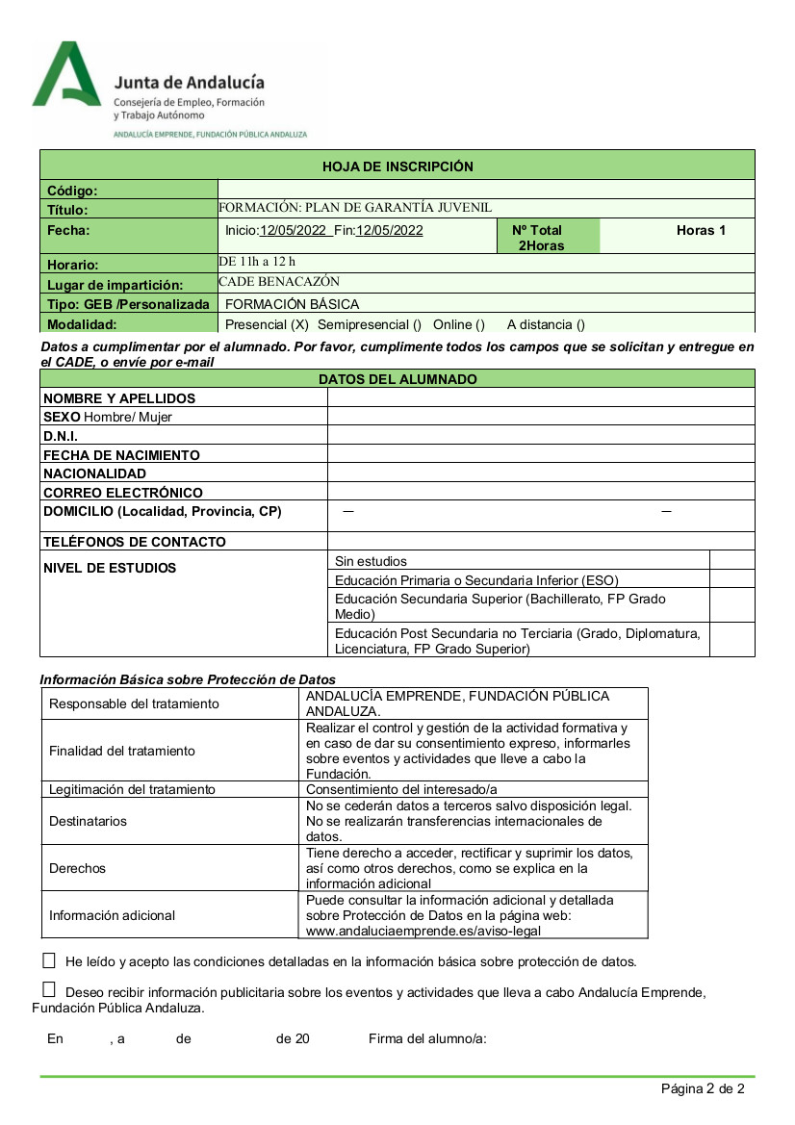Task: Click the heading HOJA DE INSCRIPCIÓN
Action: (397, 166)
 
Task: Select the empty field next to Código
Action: (486, 190)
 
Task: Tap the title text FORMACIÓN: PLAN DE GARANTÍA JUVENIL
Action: (355, 208)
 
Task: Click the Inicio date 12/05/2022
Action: (295, 230)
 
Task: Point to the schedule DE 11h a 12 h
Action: (257, 262)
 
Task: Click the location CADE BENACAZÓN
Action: (279, 282)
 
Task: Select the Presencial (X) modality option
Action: (267, 324)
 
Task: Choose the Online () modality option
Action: (458, 324)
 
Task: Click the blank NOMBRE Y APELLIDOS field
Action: (541, 397)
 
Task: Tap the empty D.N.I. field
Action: (541, 435)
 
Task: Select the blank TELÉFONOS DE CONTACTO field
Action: (541, 541)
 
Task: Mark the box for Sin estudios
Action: (731, 560)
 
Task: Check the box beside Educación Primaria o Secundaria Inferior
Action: (731, 579)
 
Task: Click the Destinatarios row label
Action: (88, 821)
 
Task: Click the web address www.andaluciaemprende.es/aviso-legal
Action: (423, 931)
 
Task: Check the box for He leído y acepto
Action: (49, 960)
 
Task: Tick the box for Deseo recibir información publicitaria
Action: (49, 989)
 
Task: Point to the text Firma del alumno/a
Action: (427, 1038)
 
